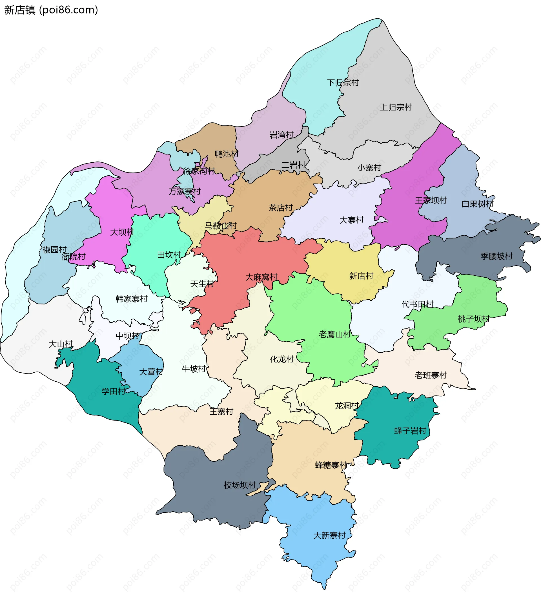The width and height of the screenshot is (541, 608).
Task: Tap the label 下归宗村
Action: (343, 83)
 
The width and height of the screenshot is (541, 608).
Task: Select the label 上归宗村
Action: (396, 107)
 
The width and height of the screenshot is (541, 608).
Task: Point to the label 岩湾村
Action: (281, 135)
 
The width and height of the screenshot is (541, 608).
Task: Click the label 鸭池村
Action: (227, 154)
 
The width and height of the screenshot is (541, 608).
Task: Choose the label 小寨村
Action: (369, 168)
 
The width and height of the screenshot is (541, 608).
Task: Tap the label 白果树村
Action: (477, 204)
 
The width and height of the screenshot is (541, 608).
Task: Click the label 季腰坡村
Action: (496, 256)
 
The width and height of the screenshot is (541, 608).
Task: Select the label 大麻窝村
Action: (261, 277)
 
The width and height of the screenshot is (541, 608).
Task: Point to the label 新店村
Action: (361, 276)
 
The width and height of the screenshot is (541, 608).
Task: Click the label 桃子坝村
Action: (473, 319)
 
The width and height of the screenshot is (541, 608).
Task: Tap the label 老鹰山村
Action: (334, 334)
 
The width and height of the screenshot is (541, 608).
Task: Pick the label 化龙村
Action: (282, 359)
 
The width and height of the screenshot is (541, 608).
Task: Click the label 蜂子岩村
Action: (410, 431)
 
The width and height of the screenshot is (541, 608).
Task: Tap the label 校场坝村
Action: (240, 485)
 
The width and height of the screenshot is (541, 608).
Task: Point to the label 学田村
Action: (113, 392)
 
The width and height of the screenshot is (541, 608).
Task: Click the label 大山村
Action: (61, 344)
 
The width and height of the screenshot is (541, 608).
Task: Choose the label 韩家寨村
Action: (132, 299)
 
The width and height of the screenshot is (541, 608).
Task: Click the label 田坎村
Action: (169, 255)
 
